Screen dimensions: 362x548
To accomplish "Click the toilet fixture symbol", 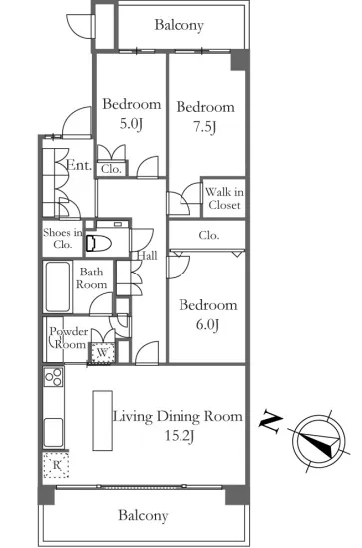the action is pos(98,243).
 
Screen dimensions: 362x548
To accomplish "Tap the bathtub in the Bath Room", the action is pos(57,286).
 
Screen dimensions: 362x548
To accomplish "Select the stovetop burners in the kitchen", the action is pos(54,377).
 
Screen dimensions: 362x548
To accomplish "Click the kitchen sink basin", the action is pos(54,433).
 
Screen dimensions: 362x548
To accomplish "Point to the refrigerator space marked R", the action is pos(56,465).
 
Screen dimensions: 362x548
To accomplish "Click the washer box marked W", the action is pos(102,353).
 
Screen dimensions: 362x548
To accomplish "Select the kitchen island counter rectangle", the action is pos(103,421).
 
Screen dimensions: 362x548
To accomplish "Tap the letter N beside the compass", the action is pos(270,421).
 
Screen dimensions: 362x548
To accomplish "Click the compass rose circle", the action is pos(319,442).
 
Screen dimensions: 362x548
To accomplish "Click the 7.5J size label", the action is pos(205,126).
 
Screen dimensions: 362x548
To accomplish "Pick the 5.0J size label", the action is pos(131,124).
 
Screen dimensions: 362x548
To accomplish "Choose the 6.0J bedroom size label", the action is pos(207,325).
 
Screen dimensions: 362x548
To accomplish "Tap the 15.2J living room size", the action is pos(180,436).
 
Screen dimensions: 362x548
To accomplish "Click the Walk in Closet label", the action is pos(224,198).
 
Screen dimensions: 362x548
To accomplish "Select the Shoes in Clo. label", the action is pos(63,238).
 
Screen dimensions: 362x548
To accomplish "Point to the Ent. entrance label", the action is pos(79,165).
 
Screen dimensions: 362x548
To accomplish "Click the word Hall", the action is pos(147,255).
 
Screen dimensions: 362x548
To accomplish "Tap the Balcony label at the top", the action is pos(180,25).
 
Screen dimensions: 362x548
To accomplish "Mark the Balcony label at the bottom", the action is pos(143,515).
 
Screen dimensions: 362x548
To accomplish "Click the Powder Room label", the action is pos(69,338).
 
